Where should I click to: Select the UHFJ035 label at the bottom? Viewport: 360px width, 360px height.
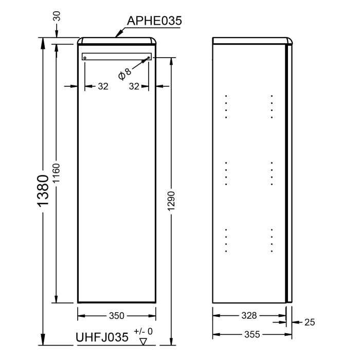pos(102,337)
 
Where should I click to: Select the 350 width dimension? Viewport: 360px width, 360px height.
pos(116,315)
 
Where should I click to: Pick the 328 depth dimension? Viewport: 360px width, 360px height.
pos(249,315)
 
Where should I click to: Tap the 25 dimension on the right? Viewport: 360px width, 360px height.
pos(309,322)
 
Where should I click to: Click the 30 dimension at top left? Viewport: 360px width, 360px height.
pos(57,17)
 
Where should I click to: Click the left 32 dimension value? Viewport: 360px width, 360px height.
pos(103,86)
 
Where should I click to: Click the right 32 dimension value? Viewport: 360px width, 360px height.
pos(134,86)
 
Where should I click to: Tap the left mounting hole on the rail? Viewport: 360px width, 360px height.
pos(85,58)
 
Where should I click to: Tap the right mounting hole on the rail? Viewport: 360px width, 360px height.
pos(148,58)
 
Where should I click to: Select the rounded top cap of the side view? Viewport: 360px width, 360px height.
pos(253,41)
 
